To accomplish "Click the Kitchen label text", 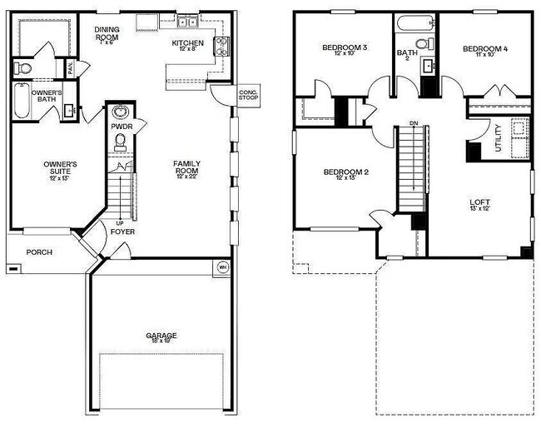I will pos(187,43).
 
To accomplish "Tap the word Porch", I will pos(38,251).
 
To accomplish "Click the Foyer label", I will pos(122,231).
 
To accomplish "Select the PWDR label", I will pos(121,127).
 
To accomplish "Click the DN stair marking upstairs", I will pos(413,124).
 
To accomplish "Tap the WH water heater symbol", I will pos(222,266).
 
